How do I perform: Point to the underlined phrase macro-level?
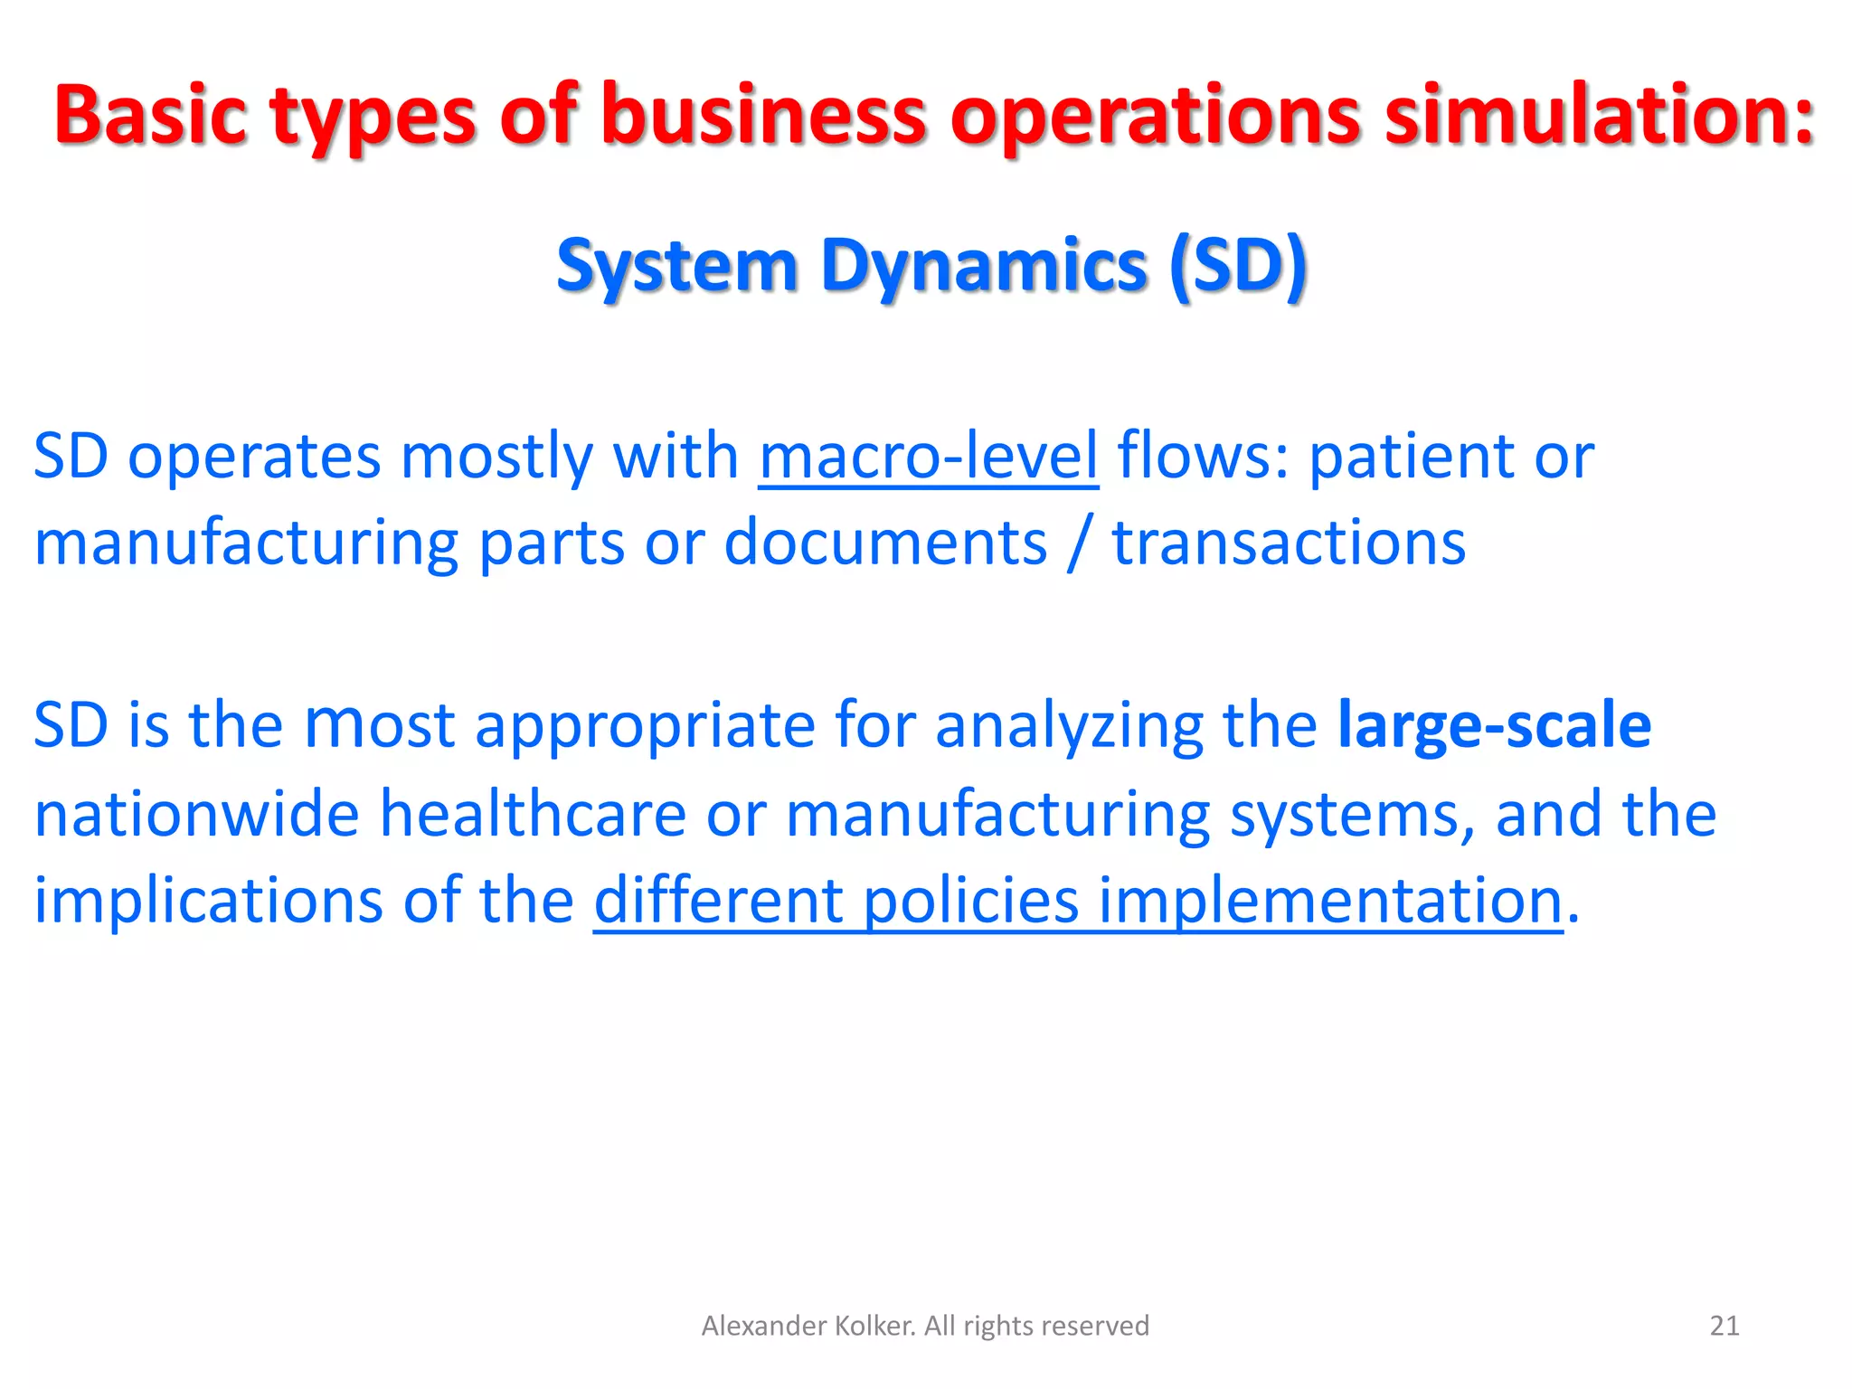pos(928,456)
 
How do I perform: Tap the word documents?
pos(885,543)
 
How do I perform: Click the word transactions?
pos(1289,543)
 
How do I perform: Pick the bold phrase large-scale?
pos(1494,725)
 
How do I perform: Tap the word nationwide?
pos(196,813)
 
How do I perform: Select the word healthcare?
pos(533,813)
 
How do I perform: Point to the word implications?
pos(208,901)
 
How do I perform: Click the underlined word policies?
pos(971,901)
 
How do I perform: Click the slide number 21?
pos(1724,1326)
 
